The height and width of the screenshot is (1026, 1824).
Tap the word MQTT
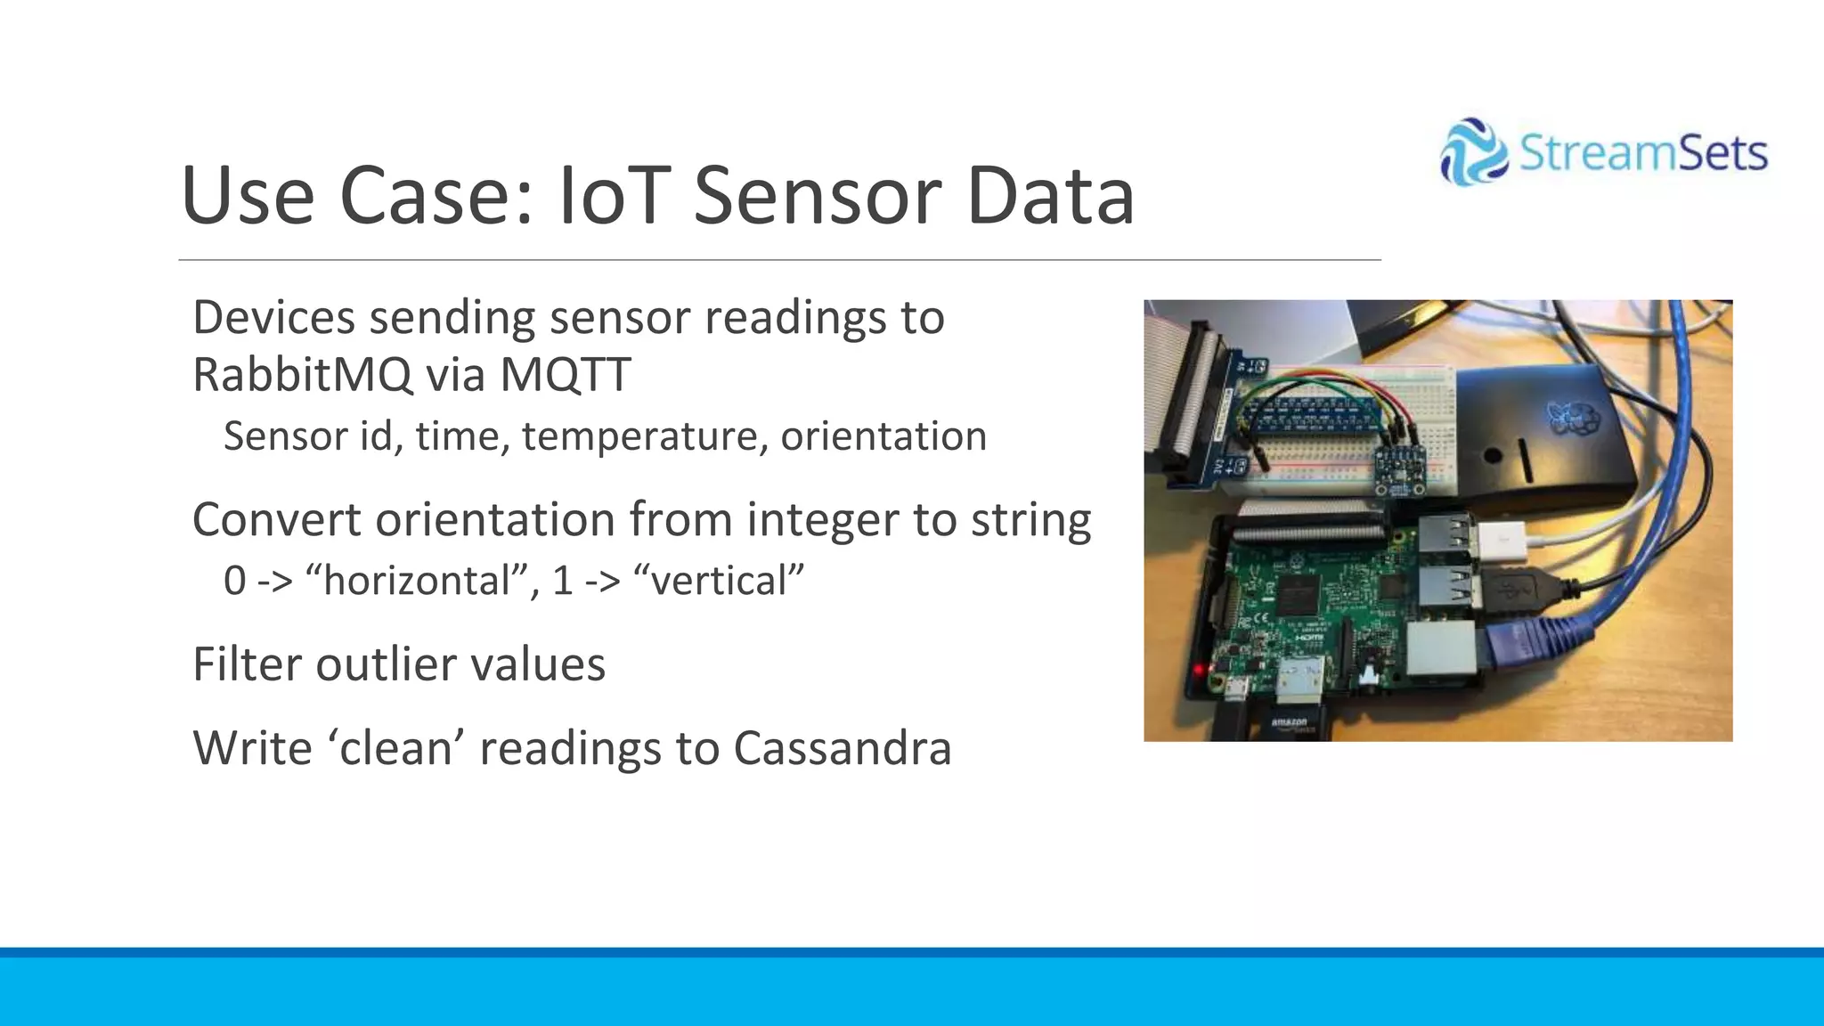coord(565,374)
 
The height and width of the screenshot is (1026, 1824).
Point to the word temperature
coord(645,436)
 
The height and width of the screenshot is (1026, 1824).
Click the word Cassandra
coord(843,748)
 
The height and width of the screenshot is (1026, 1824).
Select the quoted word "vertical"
coord(718,581)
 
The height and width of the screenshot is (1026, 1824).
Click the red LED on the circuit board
coord(1200,669)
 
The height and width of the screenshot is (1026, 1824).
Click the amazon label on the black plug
coord(1289,722)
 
